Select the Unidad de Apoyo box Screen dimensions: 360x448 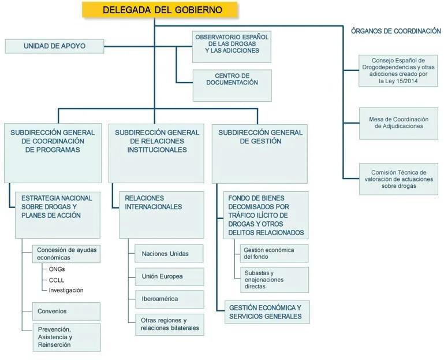(x=54, y=46)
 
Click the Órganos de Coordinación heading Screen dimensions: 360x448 (x=395, y=31)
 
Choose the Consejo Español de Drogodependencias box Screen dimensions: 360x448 (x=398, y=70)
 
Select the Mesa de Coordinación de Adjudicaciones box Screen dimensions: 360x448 (x=398, y=123)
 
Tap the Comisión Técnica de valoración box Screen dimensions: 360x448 (x=398, y=179)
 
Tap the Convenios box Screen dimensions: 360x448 (x=66, y=311)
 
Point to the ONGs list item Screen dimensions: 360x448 (x=57, y=269)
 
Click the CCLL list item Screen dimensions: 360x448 (x=57, y=279)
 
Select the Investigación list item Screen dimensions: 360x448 (x=66, y=290)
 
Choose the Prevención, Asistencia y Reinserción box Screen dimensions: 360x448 (x=66, y=337)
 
